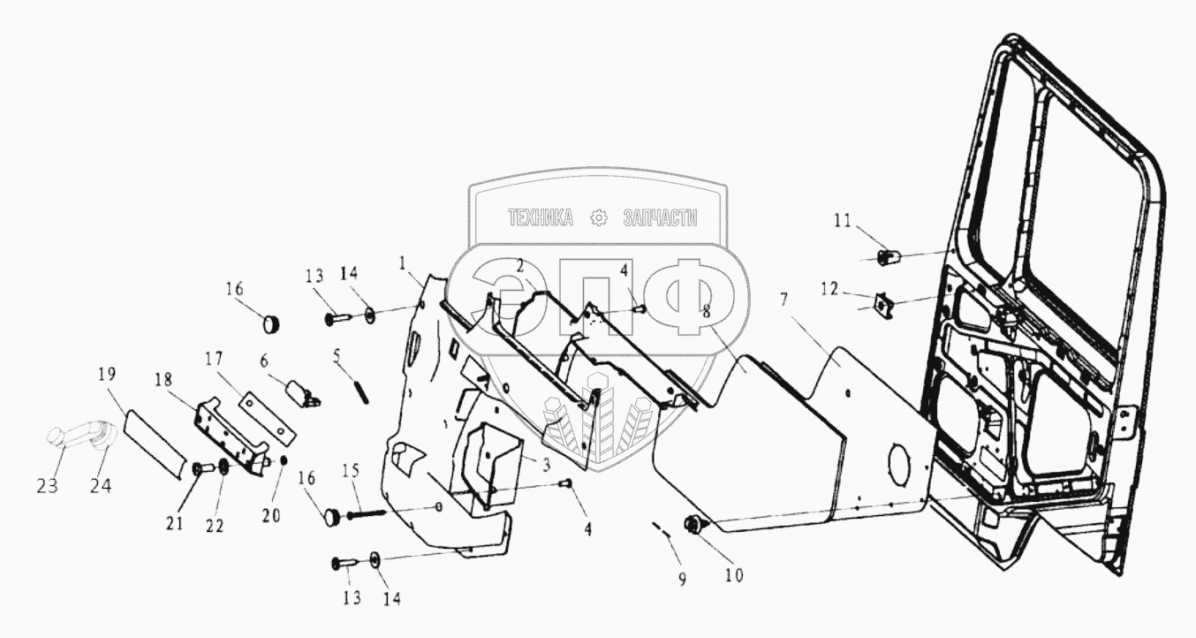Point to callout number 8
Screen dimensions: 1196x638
(x=706, y=311)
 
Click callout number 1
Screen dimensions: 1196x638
(x=403, y=262)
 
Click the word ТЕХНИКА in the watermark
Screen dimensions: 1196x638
(x=540, y=218)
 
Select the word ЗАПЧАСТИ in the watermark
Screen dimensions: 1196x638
(x=660, y=218)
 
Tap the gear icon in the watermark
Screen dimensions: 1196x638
(x=599, y=217)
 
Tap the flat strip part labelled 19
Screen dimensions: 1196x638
(x=155, y=435)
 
